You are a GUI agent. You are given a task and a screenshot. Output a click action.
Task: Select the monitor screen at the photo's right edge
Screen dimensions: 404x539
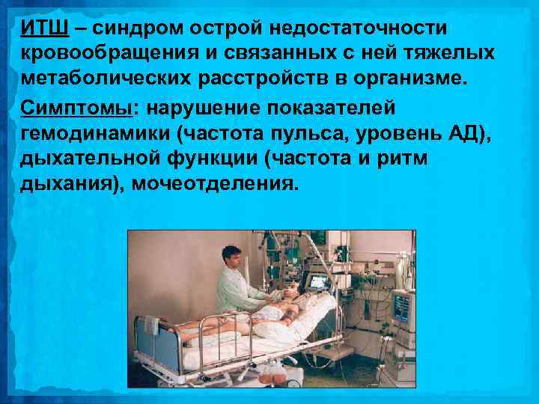[x=403, y=307]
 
